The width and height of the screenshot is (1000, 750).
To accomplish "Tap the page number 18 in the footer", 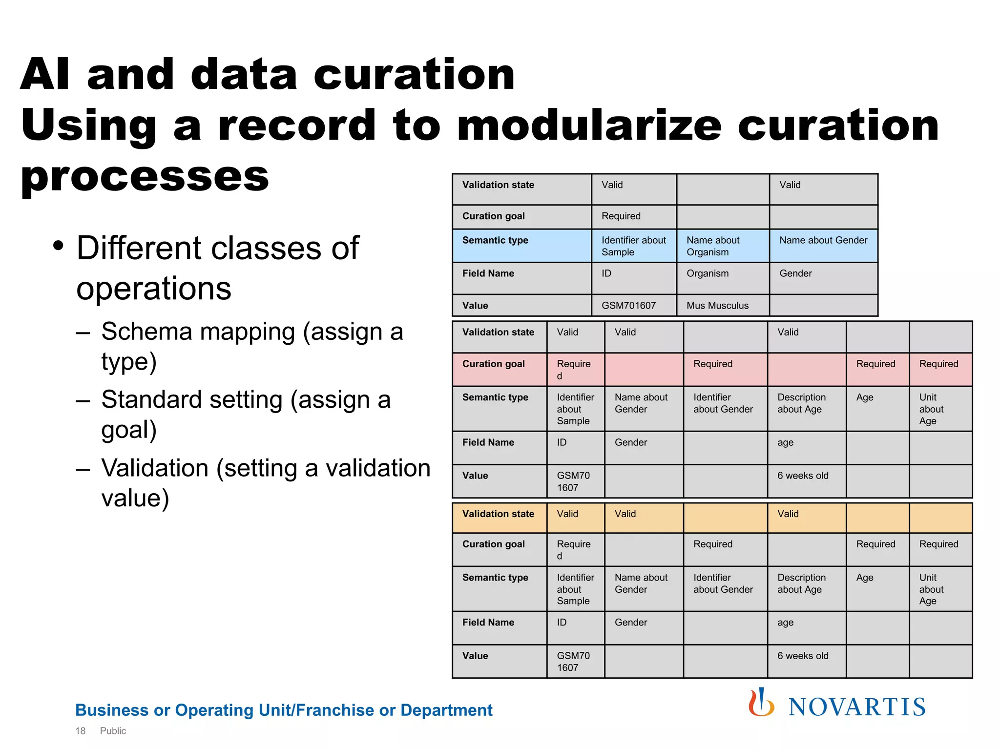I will (80, 731).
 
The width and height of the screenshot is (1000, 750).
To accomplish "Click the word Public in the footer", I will (113, 731).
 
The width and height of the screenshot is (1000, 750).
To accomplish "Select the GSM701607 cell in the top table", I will (629, 306).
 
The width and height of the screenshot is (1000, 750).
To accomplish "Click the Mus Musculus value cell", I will (717, 306).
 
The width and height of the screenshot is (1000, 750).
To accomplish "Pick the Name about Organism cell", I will (713, 246).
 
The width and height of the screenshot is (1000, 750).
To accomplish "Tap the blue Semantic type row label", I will (495, 240).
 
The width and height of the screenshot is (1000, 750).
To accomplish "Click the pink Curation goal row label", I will (493, 364).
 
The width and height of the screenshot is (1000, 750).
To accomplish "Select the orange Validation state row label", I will (498, 514).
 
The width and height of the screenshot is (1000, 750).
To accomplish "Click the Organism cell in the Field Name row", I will (708, 273).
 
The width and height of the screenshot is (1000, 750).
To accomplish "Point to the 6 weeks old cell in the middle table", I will (803, 476).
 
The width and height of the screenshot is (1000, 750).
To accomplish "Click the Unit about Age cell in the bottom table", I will (931, 589).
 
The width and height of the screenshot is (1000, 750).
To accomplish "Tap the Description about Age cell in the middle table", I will (801, 403).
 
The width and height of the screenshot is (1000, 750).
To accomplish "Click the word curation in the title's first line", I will (414, 75).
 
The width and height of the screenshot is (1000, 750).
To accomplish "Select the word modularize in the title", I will (589, 125).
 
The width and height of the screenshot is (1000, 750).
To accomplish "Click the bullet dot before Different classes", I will (59, 246).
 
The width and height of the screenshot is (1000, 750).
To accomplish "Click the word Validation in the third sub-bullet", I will (155, 468).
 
